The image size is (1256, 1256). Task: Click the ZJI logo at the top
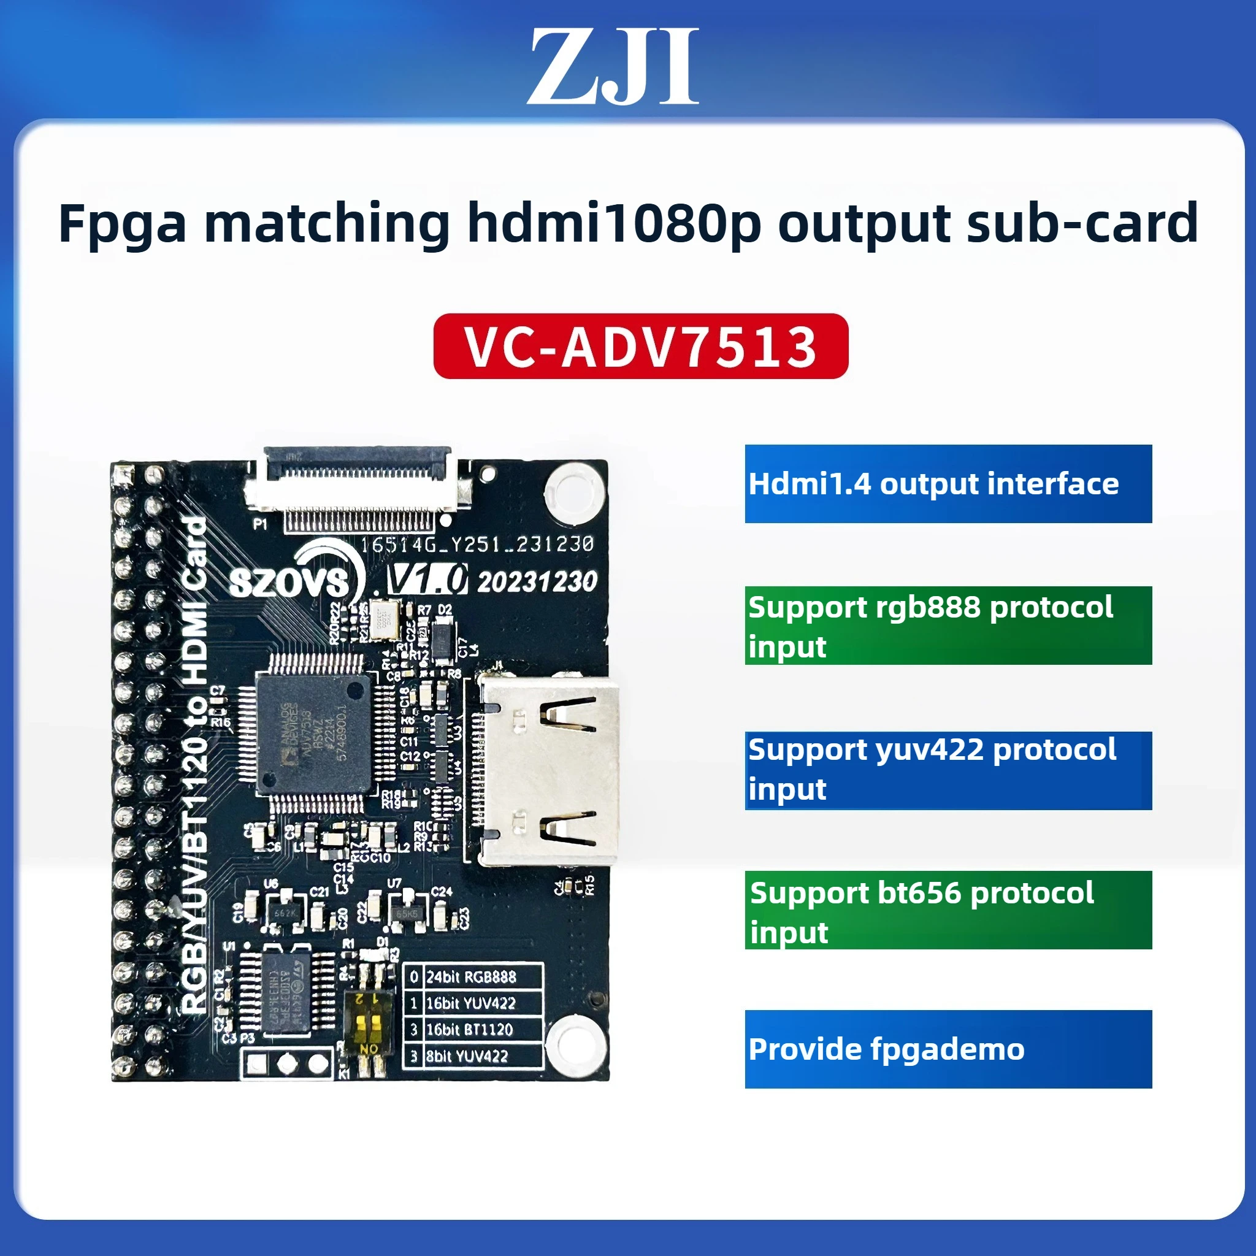[x=613, y=66]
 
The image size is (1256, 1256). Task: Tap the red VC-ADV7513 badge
[x=640, y=346]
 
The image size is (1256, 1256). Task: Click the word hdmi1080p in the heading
[x=614, y=223]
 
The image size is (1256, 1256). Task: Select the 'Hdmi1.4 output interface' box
[x=948, y=484]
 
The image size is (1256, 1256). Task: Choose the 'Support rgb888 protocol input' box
[x=948, y=626]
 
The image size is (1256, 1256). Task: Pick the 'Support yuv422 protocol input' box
[x=948, y=770]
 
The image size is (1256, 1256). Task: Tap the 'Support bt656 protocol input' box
[x=948, y=910]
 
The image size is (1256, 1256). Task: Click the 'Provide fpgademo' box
[x=948, y=1049]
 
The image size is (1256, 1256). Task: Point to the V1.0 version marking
[x=426, y=579]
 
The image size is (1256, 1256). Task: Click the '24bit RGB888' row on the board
[x=472, y=976]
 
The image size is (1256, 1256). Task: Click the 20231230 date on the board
[x=537, y=581]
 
